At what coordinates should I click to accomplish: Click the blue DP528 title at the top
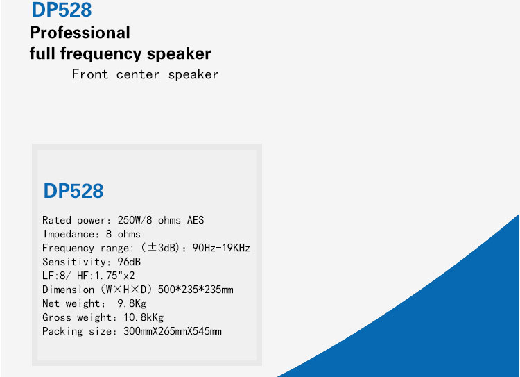coord(62,10)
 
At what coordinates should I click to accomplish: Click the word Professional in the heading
coord(80,33)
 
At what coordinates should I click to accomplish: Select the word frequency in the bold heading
coord(101,54)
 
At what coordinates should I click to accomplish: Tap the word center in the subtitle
coord(138,75)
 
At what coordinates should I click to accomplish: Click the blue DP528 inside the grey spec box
coord(73,191)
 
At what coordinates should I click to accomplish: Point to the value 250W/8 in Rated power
coord(135,220)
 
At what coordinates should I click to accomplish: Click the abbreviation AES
coord(196,220)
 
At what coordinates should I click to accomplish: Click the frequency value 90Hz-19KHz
coord(221,248)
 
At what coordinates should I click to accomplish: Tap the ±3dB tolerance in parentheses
coord(161,248)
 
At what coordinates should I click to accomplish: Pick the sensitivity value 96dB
coord(129,262)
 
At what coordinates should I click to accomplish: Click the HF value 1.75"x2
coord(114,276)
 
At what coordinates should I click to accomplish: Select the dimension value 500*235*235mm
coord(196,290)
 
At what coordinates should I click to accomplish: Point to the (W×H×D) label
coord(126,290)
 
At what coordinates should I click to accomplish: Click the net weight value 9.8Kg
coord(132,303)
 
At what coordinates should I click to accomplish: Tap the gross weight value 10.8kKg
coord(144,317)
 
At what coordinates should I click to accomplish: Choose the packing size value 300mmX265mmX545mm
coord(173,331)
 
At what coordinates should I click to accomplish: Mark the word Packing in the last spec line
coord(62,331)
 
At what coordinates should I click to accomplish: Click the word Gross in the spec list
coord(57,317)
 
